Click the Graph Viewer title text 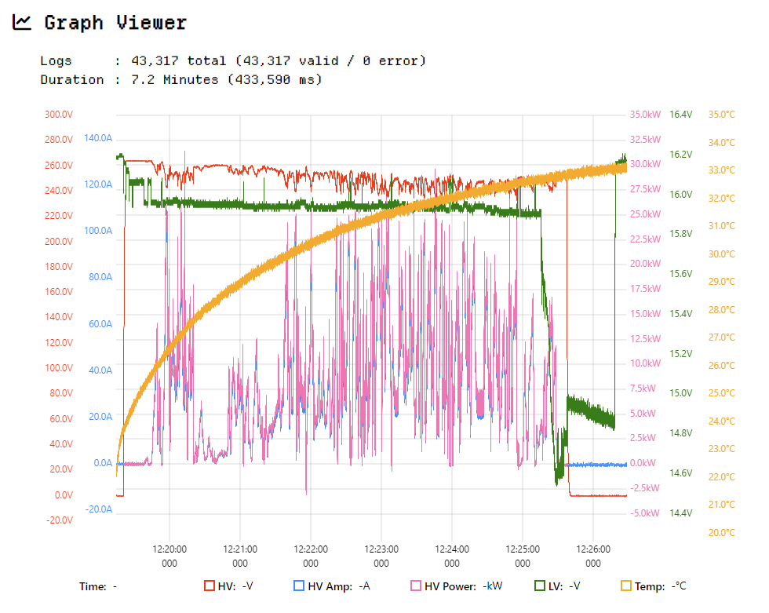coord(115,23)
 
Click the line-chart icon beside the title coord(22,23)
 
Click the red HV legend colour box coord(210,586)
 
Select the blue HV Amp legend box coord(298,586)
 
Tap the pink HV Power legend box coord(416,586)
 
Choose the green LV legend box coord(540,586)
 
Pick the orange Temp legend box coord(626,586)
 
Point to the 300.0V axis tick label coord(58,115)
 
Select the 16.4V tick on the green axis coord(681,115)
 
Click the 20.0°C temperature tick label coord(721,533)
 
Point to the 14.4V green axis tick coord(681,513)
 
